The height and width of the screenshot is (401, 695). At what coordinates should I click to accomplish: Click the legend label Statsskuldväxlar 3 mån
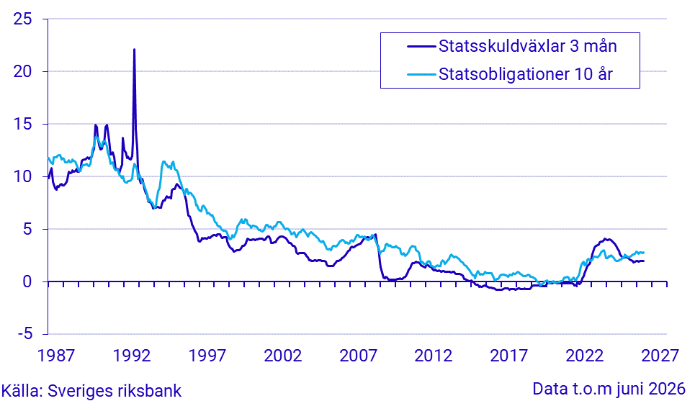click(x=527, y=46)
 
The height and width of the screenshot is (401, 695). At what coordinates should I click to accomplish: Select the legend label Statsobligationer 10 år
click(x=526, y=74)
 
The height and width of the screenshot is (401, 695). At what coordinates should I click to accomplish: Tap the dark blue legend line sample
click(x=421, y=46)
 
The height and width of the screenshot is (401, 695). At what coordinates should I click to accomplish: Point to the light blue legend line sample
click(x=421, y=74)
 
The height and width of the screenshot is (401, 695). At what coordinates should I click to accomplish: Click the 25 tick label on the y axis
click(x=22, y=19)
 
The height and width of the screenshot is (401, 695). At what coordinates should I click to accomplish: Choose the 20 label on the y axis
click(x=22, y=71)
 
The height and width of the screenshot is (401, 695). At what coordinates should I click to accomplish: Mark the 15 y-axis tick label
click(x=22, y=124)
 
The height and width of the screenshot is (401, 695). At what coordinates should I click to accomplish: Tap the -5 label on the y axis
click(x=24, y=333)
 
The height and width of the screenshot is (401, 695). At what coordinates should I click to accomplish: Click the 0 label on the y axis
click(x=27, y=281)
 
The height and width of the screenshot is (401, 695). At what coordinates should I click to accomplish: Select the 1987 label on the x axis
click(x=56, y=356)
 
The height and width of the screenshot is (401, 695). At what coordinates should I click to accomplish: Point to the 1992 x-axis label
click(x=132, y=356)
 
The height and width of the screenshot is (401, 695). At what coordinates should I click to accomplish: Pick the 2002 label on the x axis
click(x=283, y=356)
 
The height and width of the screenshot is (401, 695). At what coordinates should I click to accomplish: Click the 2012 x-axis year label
click(x=434, y=356)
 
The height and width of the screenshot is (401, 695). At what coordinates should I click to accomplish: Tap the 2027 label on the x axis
click(x=660, y=356)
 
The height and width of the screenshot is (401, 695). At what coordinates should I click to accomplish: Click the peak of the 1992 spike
click(x=134, y=49)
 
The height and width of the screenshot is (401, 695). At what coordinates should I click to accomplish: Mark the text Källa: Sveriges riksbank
click(x=91, y=391)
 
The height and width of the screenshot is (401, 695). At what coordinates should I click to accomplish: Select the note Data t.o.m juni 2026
click(x=609, y=389)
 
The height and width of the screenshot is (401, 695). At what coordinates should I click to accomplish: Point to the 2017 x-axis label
click(x=509, y=356)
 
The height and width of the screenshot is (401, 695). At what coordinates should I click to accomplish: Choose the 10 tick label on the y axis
click(x=22, y=176)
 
